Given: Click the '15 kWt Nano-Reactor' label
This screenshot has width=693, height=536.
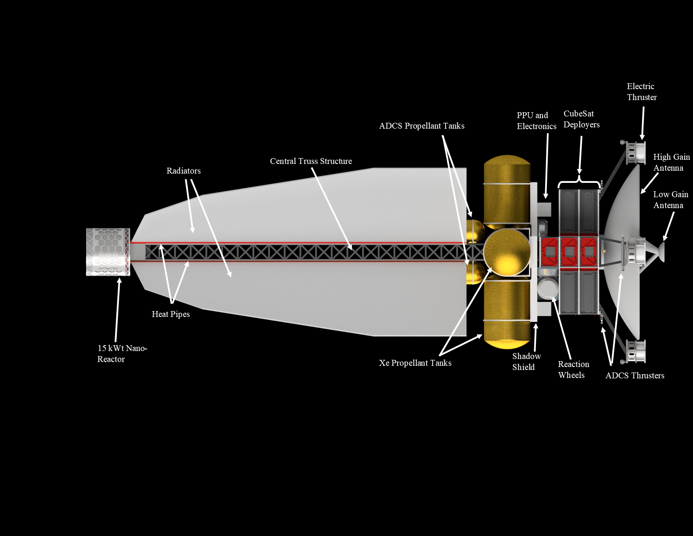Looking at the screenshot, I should [122, 354].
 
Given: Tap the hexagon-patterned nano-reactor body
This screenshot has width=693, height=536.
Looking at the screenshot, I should [108, 252].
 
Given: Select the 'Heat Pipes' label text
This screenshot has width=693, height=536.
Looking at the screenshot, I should [171, 314].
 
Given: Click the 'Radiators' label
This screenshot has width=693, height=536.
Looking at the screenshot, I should [184, 171].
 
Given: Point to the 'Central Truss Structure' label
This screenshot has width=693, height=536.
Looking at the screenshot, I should [311, 161].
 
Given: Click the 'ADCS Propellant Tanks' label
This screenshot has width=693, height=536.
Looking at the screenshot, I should [422, 126].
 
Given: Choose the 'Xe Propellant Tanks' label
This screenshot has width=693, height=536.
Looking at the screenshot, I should [415, 363].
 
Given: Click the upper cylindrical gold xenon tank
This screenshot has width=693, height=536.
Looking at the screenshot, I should [507, 189].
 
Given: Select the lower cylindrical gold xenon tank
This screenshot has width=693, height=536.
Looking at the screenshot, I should [507, 315].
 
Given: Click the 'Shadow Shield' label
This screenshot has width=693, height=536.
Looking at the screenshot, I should [526, 362].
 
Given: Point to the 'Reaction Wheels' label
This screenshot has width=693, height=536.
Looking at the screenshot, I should [573, 370].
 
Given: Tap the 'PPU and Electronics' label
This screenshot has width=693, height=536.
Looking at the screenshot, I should [536, 121].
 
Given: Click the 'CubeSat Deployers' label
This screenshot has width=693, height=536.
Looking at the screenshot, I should [581, 119].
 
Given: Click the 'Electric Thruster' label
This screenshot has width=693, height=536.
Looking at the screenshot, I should [641, 92].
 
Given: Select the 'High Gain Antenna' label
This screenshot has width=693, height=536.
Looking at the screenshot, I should [671, 162].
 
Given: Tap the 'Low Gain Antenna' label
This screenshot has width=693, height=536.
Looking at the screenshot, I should [670, 200].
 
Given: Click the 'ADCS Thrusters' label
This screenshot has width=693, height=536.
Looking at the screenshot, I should [635, 375].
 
